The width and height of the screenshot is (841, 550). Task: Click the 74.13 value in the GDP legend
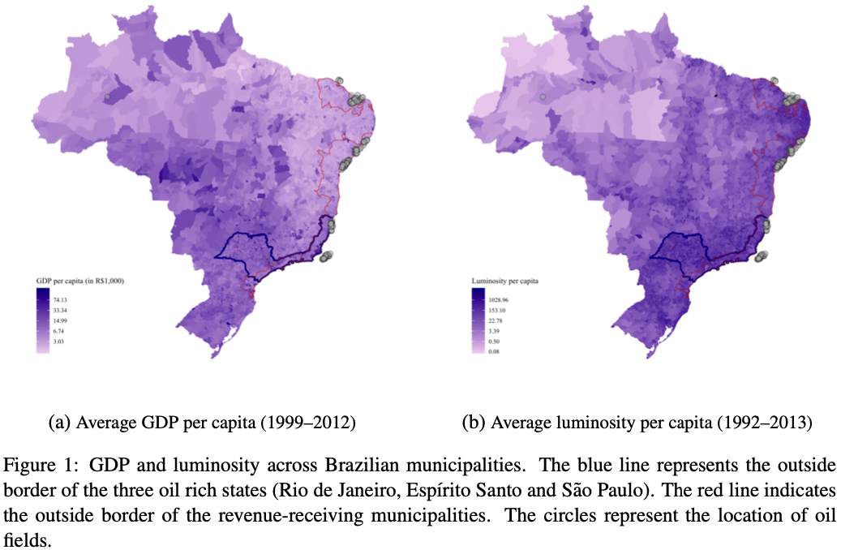click(x=59, y=300)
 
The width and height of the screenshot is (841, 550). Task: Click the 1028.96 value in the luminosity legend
click(x=497, y=300)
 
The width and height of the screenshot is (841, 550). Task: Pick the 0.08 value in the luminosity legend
click(x=494, y=352)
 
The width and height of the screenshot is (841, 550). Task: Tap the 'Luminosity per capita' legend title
click(x=505, y=281)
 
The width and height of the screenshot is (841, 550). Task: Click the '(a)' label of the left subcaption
click(x=59, y=423)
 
